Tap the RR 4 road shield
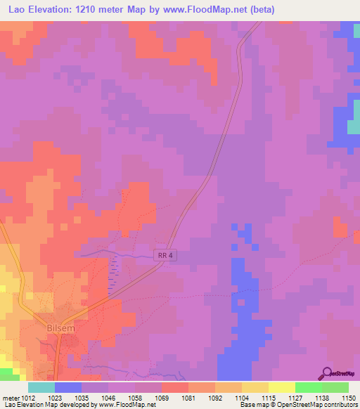coord(163,257)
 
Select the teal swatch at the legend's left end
coord(41,387)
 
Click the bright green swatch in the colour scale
coord(308,387)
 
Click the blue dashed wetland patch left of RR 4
coord(112,274)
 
